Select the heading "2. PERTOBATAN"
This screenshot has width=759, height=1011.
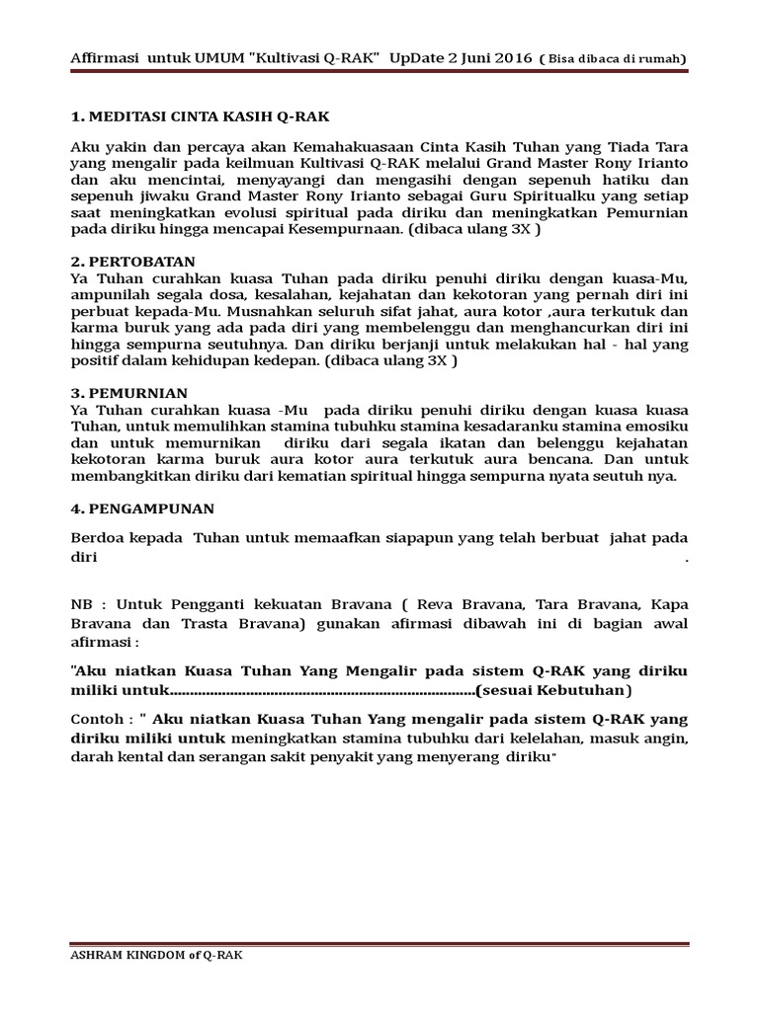pyautogui.click(x=126, y=261)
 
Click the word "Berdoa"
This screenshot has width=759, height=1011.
pyautogui.click(x=97, y=538)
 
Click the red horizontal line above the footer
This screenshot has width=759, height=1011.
pyautogui.click(x=379, y=942)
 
